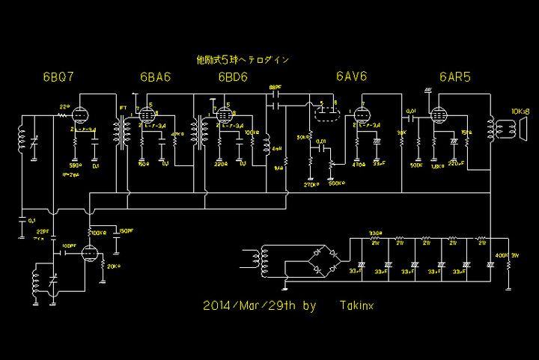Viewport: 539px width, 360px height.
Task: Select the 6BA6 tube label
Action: pyautogui.click(x=153, y=77)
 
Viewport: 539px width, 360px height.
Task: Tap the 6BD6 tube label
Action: pyautogui.click(x=233, y=77)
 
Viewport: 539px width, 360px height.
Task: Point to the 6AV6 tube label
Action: pyautogui.click(x=351, y=77)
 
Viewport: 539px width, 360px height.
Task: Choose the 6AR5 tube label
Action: pyautogui.click(x=455, y=77)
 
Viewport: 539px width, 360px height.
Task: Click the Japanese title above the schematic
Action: pyautogui.click(x=242, y=58)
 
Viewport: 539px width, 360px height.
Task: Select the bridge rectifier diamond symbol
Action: pyautogui.click(x=320, y=263)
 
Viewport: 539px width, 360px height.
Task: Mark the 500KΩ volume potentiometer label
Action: pyautogui.click(x=338, y=183)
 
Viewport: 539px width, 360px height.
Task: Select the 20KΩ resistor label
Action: pyautogui.click(x=114, y=266)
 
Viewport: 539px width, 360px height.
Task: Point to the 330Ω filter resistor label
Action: pyautogui.click(x=375, y=234)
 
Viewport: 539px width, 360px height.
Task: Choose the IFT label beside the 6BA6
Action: pyautogui.click(x=124, y=109)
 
